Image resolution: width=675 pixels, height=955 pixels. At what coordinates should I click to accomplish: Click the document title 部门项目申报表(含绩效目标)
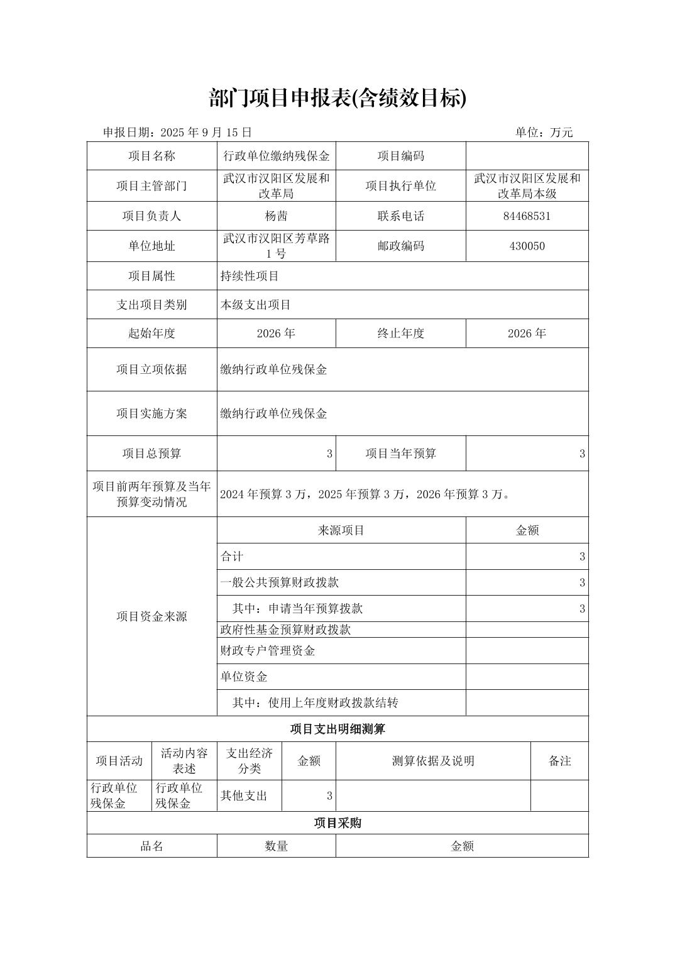pyautogui.click(x=337, y=98)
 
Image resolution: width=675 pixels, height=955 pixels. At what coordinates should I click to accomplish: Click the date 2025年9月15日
pyautogui.click(x=206, y=132)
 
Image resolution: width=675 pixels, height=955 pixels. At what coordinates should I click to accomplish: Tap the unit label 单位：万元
pyautogui.click(x=544, y=132)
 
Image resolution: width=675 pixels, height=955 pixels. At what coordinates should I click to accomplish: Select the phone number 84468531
pyautogui.click(x=527, y=216)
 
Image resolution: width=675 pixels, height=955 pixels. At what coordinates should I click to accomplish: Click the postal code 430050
pyautogui.click(x=527, y=246)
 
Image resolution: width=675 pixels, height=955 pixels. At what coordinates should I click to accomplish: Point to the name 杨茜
pyautogui.click(x=276, y=216)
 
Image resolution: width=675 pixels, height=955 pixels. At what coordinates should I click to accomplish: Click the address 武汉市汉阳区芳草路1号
pyautogui.click(x=276, y=246)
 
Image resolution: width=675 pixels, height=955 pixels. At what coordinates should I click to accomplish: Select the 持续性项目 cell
pyautogui.click(x=250, y=276)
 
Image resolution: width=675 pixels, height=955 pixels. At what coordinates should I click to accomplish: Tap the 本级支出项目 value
pyautogui.click(x=255, y=305)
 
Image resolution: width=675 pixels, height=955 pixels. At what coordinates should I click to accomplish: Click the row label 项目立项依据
pyautogui.click(x=151, y=369)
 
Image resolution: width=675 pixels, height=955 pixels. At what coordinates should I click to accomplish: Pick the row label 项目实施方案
pyautogui.click(x=151, y=413)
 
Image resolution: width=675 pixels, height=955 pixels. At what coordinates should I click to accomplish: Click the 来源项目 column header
pyautogui.click(x=341, y=530)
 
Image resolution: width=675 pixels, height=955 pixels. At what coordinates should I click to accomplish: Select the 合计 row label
pyautogui.click(x=232, y=557)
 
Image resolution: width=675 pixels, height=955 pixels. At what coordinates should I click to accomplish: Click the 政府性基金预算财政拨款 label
pyautogui.click(x=285, y=630)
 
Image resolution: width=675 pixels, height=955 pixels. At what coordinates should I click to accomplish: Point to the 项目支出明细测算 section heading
pyautogui.click(x=337, y=729)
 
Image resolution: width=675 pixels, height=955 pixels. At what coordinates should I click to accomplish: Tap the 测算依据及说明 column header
pyautogui.click(x=433, y=761)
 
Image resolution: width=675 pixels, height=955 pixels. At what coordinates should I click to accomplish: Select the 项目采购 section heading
pyautogui.click(x=337, y=823)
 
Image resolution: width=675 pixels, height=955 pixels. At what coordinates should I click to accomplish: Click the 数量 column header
pyautogui.click(x=276, y=846)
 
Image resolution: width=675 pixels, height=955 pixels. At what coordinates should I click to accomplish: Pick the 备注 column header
pyautogui.click(x=559, y=761)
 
